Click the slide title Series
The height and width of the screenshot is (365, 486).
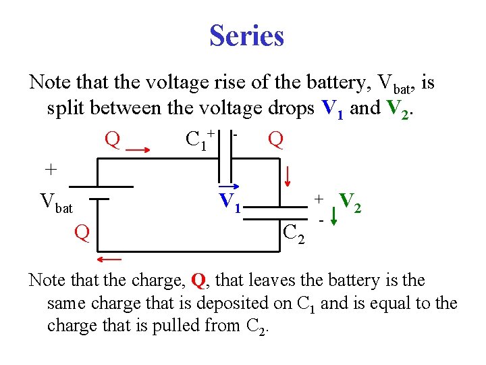(246, 35)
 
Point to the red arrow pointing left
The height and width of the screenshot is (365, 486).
(109, 259)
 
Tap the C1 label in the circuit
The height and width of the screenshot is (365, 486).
(196, 140)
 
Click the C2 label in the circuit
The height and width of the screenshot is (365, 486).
(294, 234)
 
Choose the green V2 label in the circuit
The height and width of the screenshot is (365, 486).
(350, 201)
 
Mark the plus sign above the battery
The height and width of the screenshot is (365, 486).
(50, 168)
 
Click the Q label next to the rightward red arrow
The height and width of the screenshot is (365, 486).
(113, 140)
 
